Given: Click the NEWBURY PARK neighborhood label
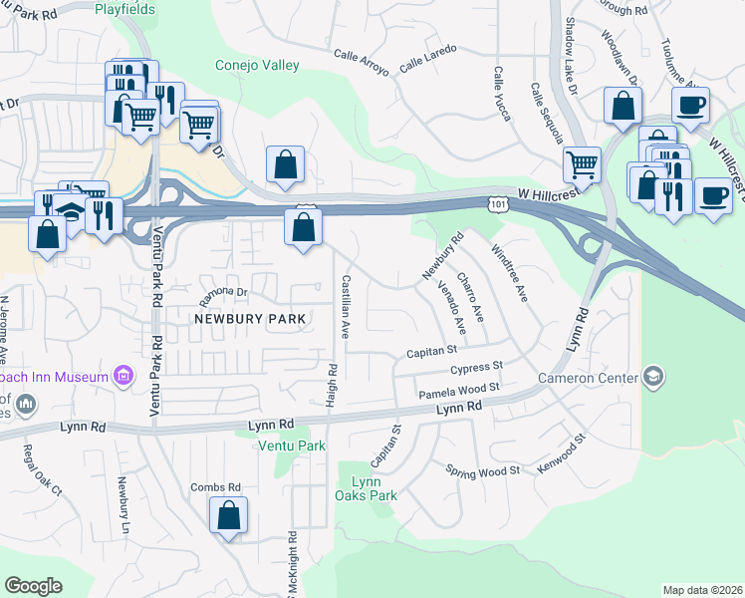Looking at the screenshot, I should pyautogui.click(x=249, y=319).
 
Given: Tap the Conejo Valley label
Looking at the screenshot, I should pyautogui.click(x=257, y=66).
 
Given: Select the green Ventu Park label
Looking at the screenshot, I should pyautogui.click(x=292, y=446).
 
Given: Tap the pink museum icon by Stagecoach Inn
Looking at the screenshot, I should pyautogui.click(x=124, y=377).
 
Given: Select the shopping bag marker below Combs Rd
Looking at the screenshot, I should pyautogui.click(x=228, y=515).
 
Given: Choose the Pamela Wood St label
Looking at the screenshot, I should pyautogui.click(x=458, y=389).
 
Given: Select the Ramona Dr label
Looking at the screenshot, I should pyautogui.click(x=222, y=292).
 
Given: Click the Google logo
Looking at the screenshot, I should pyautogui.click(x=33, y=586).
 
